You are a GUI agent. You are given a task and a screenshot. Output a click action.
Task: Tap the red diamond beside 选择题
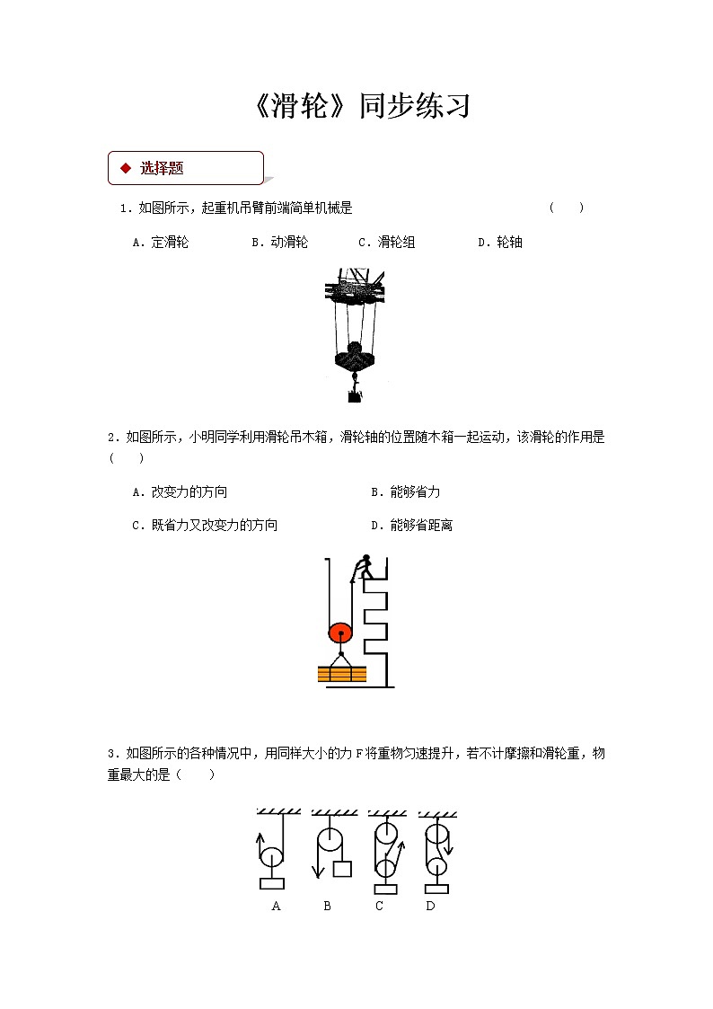click(x=126, y=168)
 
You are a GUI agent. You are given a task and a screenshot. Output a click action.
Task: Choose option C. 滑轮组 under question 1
click(x=386, y=242)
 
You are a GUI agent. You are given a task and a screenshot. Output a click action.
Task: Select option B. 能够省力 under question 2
click(x=405, y=491)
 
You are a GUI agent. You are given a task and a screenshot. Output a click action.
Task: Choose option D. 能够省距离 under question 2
click(x=411, y=525)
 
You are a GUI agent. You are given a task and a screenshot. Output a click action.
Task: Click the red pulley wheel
click(x=340, y=633)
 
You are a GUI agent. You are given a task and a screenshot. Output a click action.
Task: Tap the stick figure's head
click(x=366, y=559)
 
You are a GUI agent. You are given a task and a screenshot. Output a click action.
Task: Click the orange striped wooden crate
click(x=342, y=674)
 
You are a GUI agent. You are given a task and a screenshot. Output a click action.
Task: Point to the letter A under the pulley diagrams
click(x=276, y=906)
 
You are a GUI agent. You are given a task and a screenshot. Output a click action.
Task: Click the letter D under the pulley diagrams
click(x=430, y=906)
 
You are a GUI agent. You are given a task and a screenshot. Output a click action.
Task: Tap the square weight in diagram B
click(x=341, y=869)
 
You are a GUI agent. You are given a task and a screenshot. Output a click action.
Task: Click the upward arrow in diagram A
click(x=260, y=845)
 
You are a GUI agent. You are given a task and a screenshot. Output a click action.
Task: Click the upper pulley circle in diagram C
click(x=386, y=832)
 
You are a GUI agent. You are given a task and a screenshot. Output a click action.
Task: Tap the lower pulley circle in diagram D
click(x=436, y=868)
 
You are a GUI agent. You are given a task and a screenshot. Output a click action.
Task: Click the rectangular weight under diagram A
click(x=272, y=883)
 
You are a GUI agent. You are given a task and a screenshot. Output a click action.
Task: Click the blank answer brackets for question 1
click(x=567, y=208)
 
